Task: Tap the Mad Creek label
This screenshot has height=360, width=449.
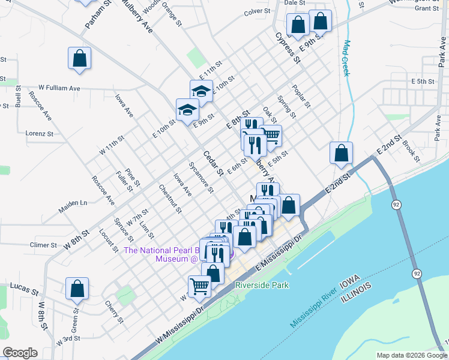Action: pyautogui.click(x=346, y=58)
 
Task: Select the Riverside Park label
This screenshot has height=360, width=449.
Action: pyautogui.click(x=262, y=286)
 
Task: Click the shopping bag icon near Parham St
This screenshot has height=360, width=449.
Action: pyautogui.click(x=79, y=59)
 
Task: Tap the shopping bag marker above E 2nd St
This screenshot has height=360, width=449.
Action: pyautogui.click(x=341, y=154)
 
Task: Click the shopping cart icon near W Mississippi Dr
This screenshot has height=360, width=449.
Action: pyautogui.click(x=199, y=286)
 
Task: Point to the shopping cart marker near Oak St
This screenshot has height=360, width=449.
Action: pyautogui.click(x=271, y=135)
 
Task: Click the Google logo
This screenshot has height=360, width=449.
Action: pyautogui.click(x=20, y=353)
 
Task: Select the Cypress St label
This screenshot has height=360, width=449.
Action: pyautogui.click(x=288, y=48)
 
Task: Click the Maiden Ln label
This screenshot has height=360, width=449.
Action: pyautogui.click(x=73, y=206)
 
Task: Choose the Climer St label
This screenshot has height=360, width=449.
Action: pyautogui.click(x=43, y=245)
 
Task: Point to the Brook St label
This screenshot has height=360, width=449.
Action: pyautogui.click(x=411, y=152)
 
